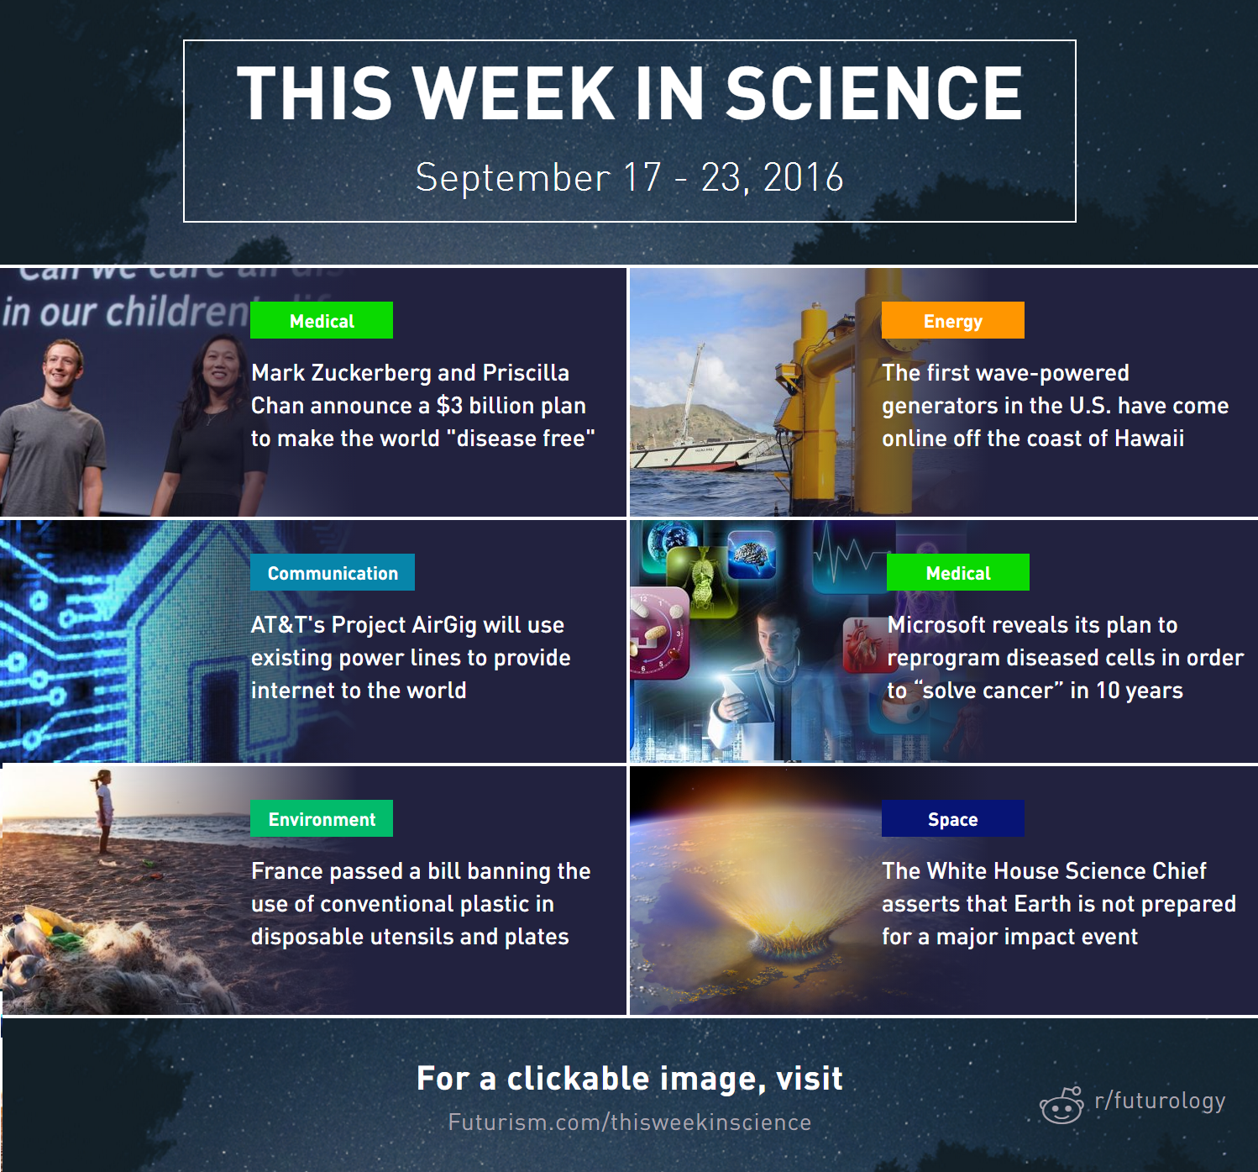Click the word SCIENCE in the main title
pos(873,93)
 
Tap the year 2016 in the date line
pos(803,176)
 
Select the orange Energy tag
pos(952,320)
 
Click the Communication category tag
pos(333,572)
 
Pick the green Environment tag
pos(322,818)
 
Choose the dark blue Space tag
pos(952,818)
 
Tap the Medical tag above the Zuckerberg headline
pos(322,320)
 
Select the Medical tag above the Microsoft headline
pos(957,572)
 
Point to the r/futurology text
pos(1160,1101)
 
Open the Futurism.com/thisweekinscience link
pos(630,1122)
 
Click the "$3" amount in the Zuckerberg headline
pos(449,406)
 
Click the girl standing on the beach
pos(103,811)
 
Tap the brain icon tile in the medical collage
pos(752,554)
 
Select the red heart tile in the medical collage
pos(863,644)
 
